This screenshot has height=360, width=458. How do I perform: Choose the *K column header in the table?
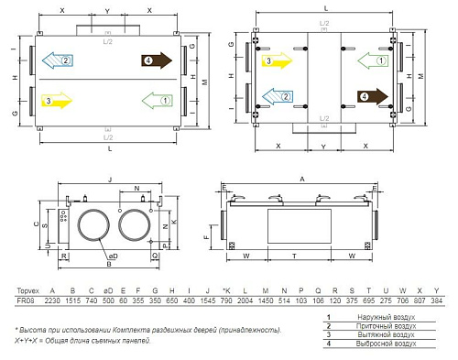[226, 289]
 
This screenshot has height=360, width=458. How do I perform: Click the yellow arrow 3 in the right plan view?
[276, 61]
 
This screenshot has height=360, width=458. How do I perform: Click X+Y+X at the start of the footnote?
[27, 339]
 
